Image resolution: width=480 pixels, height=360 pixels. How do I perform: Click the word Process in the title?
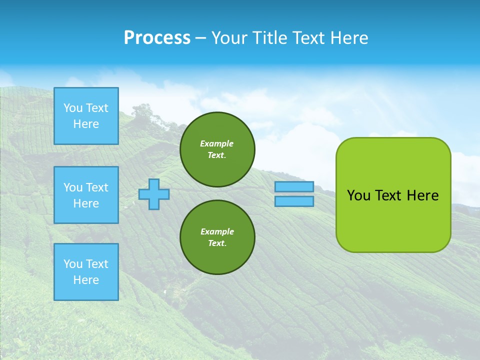[157, 38]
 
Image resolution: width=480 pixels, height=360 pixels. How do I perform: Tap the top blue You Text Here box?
[86, 116]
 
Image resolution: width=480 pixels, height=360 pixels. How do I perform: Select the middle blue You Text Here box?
[86, 195]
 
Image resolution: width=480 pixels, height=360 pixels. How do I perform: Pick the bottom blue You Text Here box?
[86, 271]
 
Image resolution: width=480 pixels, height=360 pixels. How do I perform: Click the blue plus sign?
[154, 194]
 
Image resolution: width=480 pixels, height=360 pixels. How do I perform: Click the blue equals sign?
[294, 194]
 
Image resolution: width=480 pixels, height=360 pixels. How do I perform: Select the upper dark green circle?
[217, 149]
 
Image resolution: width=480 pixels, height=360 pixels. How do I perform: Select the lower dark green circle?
[217, 237]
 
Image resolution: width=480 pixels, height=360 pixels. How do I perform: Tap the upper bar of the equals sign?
[294, 186]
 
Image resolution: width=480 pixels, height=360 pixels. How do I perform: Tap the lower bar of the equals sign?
[294, 201]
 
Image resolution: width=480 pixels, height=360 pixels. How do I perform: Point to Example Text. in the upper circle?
[217, 149]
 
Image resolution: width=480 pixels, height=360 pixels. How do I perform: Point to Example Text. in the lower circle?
[217, 237]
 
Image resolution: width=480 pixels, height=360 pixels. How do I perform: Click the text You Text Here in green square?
[392, 195]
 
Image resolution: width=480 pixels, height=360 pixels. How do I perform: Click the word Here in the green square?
[422, 195]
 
